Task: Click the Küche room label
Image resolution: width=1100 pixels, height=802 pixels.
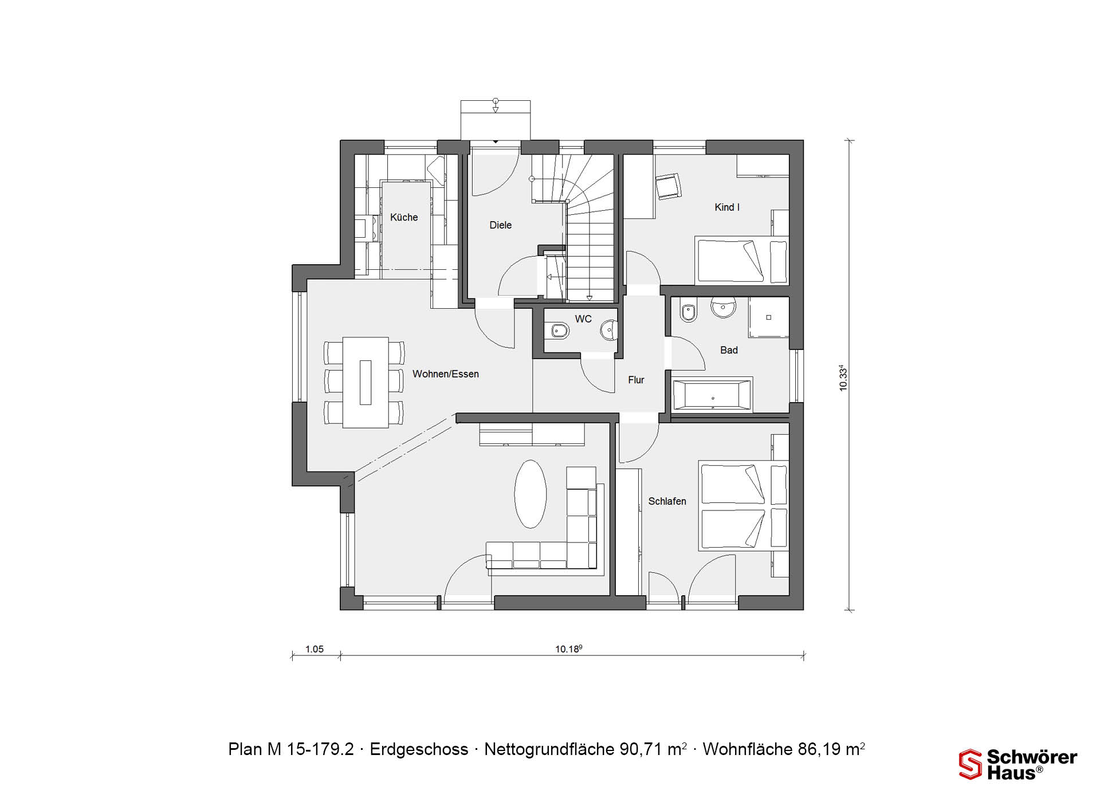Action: click(404, 217)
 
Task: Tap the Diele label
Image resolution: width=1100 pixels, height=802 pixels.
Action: click(500, 225)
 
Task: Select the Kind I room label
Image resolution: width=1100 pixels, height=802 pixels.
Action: click(727, 207)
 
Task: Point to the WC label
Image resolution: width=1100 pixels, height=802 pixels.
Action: click(583, 319)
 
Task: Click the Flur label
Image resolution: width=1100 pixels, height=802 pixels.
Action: click(636, 380)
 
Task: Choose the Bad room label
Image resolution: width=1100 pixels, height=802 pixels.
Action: click(729, 350)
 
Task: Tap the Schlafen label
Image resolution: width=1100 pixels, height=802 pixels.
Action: click(667, 501)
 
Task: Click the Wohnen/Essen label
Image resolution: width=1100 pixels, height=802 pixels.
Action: click(446, 374)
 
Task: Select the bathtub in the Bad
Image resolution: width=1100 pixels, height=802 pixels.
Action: click(712, 394)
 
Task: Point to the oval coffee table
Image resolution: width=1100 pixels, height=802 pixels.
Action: click(531, 494)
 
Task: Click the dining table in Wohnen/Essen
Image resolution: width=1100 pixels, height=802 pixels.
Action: click(366, 383)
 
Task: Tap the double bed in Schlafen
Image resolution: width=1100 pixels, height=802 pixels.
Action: click(743, 506)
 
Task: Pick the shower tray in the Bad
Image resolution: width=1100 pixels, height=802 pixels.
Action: click(768, 317)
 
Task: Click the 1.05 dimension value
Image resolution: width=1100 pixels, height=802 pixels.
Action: click(314, 649)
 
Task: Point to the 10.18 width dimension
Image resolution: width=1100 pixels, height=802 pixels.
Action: click(568, 649)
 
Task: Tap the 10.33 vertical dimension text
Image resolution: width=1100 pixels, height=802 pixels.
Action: click(843, 378)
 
